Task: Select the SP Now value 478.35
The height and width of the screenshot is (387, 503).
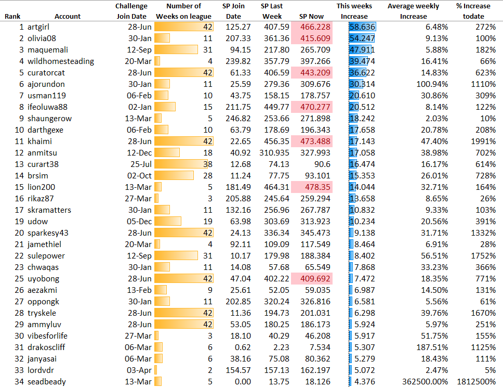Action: (x=319, y=187)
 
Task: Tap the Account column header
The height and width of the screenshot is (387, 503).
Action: (x=68, y=16)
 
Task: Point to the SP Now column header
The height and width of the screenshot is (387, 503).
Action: (x=311, y=16)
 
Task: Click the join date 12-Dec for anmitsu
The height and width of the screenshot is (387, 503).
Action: (x=140, y=152)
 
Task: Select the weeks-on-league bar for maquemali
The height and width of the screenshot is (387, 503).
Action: (x=177, y=49)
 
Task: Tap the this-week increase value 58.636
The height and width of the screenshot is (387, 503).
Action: (x=363, y=27)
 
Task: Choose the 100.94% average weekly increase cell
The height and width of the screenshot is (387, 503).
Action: (x=431, y=84)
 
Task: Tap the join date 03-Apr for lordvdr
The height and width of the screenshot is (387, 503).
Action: (x=140, y=370)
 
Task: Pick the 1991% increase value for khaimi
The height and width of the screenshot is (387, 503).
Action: (x=484, y=141)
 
